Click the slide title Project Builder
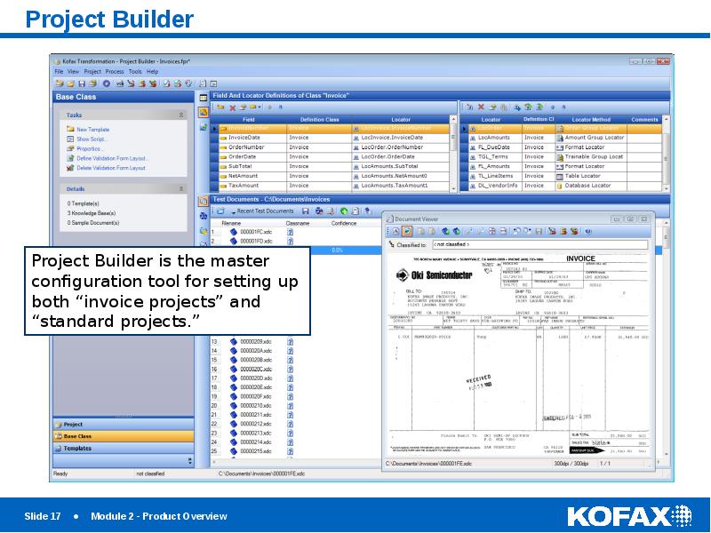click(x=109, y=19)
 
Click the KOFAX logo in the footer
click(x=628, y=516)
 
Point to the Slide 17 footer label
click(x=43, y=516)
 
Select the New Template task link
click(x=92, y=130)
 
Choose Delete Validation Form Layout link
click(x=111, y=168)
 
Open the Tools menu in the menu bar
click(x=135, y=71)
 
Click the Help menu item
click(x=153, y=71)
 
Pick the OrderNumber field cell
click(x=248, y=147)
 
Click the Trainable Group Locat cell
click(x=594, y=156)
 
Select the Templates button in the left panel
click(x=77, y=449)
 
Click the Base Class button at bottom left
click(x=77, y=436)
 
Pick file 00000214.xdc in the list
click(x=256, y=442)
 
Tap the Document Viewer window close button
click(x=642, y=219)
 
